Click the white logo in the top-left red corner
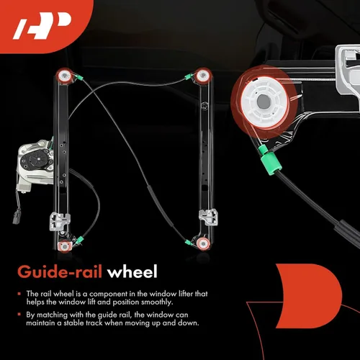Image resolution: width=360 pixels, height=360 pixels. pyautogui.click(x=42, y=26)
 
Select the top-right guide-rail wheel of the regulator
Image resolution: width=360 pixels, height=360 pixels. pyautogui.click(x=203, y=76)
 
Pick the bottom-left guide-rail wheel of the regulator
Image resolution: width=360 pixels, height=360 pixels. pyautogui.click(x=65, y=246)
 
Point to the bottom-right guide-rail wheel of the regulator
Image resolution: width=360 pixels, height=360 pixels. pyautogui.click(x=203, y=243)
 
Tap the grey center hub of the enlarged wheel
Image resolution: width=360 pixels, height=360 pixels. pyautogui.click(x=264, y=102)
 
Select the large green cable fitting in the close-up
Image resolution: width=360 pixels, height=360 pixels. pyautogui.click(x=271, y=163)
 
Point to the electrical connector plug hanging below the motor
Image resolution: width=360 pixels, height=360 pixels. pyautogui.click(x=17, y=217)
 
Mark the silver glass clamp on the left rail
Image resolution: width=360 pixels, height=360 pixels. pyautogui.click(x=60, y=221)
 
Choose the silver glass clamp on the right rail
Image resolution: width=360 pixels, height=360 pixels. pyautogui.click(x=208, y=217)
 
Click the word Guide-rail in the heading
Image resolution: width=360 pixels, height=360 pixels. pyautogui.click(x=60, y=272)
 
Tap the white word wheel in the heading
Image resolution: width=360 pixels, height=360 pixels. pyautogui.click(x=132, y=271)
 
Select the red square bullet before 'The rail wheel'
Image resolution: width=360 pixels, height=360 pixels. pyautogui.click(x=19, y=294)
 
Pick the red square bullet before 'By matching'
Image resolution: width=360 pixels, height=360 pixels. pyautogui.click(x=19, y=315)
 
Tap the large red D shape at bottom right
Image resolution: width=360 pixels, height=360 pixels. pyautogui.click(x=310, y=296)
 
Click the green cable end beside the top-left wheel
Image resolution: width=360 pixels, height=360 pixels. pyautogui.click(x=79, y=77)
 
